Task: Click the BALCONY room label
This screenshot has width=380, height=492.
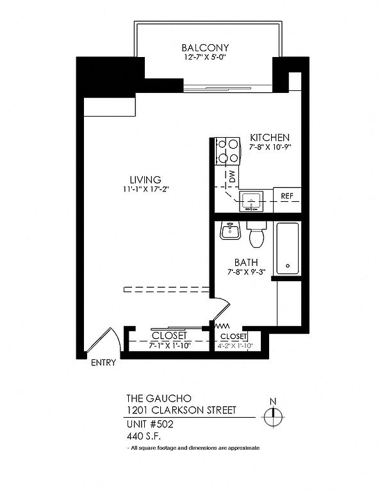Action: coord(205,47)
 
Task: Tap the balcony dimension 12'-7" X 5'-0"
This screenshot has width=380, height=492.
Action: coord(205,58)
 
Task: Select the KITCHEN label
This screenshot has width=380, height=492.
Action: coord(270,138)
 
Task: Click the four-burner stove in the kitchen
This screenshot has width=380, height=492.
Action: coord(228,151)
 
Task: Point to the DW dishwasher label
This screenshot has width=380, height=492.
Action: coord(233,177)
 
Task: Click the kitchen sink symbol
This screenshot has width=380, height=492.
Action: coord(251,201)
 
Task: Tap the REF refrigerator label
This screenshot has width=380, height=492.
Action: coord(287,196)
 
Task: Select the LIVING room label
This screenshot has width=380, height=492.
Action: coord(145,180)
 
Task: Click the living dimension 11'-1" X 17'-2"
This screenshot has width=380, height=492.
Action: coord(146,189)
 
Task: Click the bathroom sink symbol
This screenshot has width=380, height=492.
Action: coord(230,231)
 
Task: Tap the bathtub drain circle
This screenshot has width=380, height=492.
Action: coord(288,265)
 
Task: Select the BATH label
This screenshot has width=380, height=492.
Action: coord(246,262)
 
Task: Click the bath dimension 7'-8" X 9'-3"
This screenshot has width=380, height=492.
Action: coord(247,272)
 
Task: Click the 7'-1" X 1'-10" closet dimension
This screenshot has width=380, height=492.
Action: coord(170,345)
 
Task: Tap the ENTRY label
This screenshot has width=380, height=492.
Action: coord(104,363)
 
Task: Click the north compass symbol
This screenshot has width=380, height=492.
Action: coord(274,414)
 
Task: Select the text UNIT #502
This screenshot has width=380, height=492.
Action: coord(150,424)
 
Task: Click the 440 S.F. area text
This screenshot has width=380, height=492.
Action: coord(144,436)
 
